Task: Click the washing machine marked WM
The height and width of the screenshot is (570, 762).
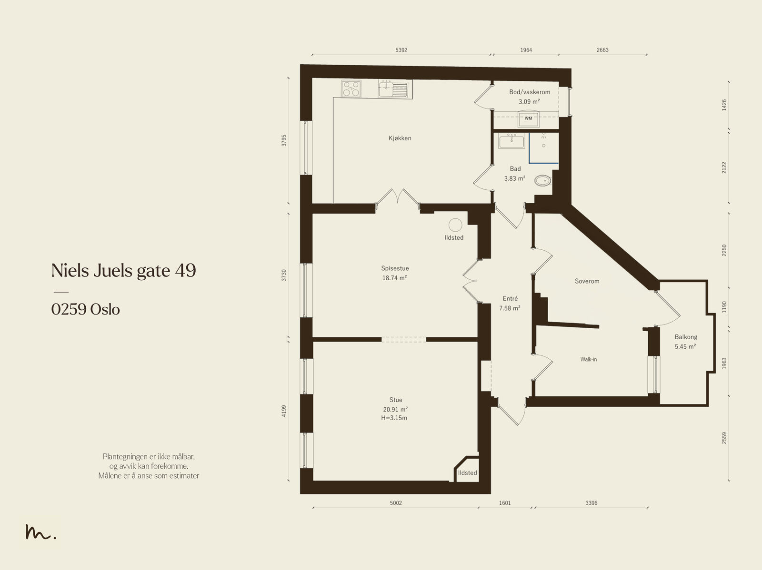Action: coord(528,119)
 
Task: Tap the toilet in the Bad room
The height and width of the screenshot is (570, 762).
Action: coord(542,180)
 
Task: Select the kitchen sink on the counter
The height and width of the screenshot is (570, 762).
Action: coord(392,89)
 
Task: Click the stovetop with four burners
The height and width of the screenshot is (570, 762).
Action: coord(351,89)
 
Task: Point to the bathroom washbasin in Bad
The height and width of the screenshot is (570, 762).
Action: coord(511,141)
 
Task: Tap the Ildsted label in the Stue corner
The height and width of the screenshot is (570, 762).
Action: coord(467,472)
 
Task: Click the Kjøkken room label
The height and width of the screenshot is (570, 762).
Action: coord(400,138)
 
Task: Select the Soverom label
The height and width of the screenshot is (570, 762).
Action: coord(587,281)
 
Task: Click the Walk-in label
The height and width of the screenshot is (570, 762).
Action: coord(589,359)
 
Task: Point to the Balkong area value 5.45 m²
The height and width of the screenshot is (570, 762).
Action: coord(685,346)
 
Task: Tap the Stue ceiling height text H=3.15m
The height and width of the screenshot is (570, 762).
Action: coord(394,418)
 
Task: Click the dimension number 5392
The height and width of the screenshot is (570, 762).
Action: coord(401,50)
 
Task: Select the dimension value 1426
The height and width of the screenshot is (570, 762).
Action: coord(724,105)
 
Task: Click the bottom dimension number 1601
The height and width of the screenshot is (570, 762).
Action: coord(505,503)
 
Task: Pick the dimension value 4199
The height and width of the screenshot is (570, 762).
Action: coord(284,411)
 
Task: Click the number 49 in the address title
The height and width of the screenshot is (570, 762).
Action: coord(185,270)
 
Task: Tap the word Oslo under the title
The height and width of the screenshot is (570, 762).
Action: coord(105,309)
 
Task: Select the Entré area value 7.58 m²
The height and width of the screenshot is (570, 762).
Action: coord(510,308)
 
